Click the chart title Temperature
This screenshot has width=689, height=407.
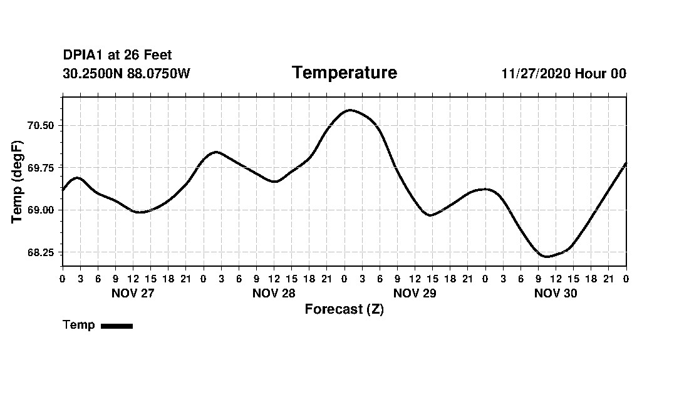tap(344, 73)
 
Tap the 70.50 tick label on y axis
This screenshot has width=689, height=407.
tap(41, 125)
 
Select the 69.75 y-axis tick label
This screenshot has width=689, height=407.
tap(41, 167)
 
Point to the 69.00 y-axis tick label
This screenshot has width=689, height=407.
tap(41, 210)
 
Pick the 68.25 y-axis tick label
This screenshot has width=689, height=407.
tap(41, 252)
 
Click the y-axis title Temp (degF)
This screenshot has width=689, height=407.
tap(18, 182)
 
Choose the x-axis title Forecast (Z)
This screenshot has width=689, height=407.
tap(344, 309)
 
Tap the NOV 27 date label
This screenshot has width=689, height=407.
tap(133, 293)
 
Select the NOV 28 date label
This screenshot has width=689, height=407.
tap(274, 293)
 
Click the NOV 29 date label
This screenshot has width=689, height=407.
tap(415, 293)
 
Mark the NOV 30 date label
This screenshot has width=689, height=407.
tap(556, 293)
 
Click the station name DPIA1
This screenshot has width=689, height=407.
tap(83, 56)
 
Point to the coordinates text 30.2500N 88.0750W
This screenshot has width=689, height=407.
tap(127, 73)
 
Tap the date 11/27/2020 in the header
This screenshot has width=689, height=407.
tap(536, 73)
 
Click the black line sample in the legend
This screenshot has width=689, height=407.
tap(117, 326)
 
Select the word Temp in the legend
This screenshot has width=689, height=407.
tap(79, 325)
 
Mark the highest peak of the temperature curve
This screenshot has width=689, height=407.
tap(350, 110)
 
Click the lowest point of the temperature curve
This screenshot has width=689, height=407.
tap(546, 256)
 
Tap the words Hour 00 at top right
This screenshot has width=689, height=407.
tap(600, 73)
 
